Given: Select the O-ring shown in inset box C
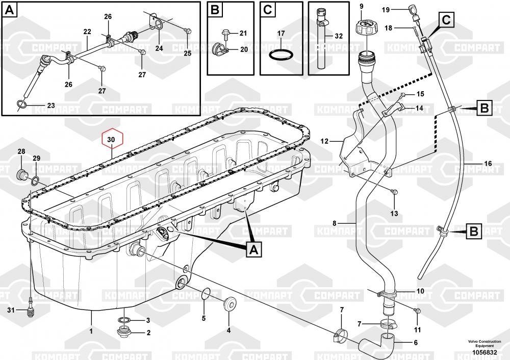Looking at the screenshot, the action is pyautogui.click(x=280, y=55).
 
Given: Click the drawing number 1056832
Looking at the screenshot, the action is pyautogui.click(x=484, y=352).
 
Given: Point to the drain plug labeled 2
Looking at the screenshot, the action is pyautogui.click(x=124, y=332).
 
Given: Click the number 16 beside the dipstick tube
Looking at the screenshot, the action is pyautogui.click(x=488, y=164).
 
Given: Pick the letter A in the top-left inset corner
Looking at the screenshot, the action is pyautogui.click(x=10, y=10).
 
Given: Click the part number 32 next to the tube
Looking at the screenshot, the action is pyautogui.click(x=339, y=36).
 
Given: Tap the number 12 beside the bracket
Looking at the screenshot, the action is pyautogui.click(x=324, y=141).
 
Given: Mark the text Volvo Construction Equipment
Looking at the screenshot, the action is pyautogui.click(x=484, y=344).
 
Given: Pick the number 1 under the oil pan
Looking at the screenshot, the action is pyautogui.click(x=91, y=331).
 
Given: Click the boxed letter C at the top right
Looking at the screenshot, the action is pyautogui.click(x=446, y=20).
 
